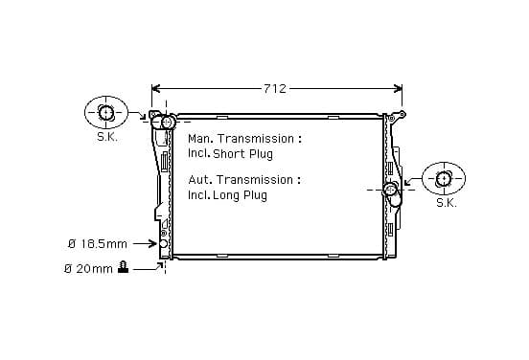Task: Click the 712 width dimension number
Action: pos(275,88)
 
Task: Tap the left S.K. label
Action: pos(107,137)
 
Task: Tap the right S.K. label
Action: pos(447,203)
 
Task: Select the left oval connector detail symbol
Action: pos(106,112)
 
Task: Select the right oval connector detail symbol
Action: pos(444,178)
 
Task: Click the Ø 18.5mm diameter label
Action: pos(98,243)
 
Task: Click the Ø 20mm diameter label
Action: pos(88,269)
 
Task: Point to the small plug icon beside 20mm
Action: pos(123,267)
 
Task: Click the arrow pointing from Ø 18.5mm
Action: pos(145,243)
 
